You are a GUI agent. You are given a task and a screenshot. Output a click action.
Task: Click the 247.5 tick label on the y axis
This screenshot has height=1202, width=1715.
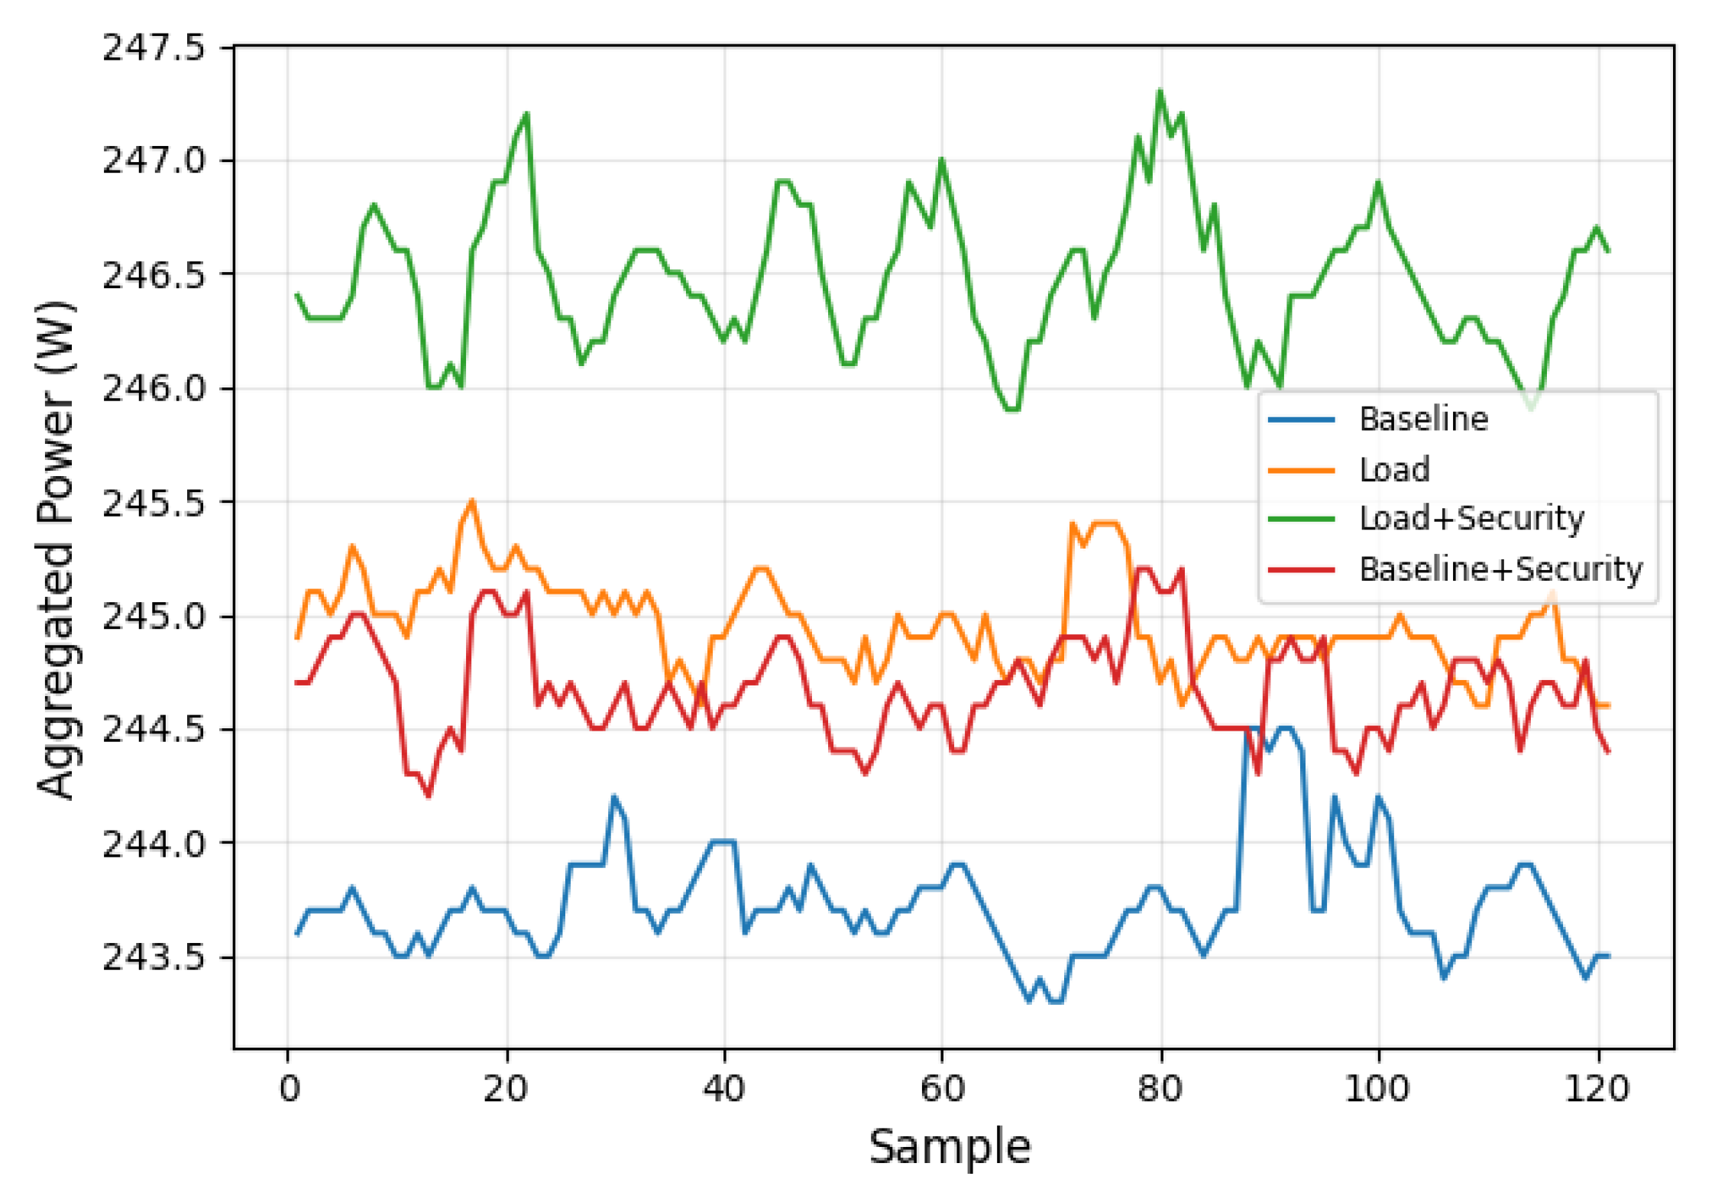pos(154,47)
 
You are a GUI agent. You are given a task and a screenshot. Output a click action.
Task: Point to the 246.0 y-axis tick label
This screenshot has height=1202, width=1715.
pos(154,388)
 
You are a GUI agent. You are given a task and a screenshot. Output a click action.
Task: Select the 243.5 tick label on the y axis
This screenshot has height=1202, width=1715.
pos(154,956)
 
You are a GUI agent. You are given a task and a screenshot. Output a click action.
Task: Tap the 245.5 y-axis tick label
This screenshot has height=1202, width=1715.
pos(154,502)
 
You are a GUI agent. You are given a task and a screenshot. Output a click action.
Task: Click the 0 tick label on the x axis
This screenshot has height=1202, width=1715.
pos(289,1087)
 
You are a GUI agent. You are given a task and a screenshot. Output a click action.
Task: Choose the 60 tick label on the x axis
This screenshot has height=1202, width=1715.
pos(942,1087)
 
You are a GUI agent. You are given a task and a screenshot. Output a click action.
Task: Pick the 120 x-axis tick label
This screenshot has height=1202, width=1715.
pos(1597,1087)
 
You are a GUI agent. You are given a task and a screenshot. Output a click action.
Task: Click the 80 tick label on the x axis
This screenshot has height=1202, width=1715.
pos(1160,1087)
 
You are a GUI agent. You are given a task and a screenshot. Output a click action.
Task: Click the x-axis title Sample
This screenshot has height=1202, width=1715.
pos(950,1146)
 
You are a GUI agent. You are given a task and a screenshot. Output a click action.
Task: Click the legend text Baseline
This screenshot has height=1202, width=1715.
pos(1423,419)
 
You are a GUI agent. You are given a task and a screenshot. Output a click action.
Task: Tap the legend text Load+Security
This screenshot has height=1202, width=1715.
pos(1471,518)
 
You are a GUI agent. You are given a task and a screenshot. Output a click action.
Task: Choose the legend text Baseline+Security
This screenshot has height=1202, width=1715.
pos(1500,569)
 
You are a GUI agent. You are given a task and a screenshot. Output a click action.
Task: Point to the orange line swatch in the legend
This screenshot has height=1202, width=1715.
pos(1301,470)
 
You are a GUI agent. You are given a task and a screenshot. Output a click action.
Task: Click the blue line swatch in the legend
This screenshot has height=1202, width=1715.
pos(1301,420)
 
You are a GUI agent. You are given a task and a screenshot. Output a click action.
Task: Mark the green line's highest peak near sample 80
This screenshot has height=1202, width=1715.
pos(1160,91)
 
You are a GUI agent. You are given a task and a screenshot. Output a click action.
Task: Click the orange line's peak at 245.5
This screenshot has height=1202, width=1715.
pos(472,501)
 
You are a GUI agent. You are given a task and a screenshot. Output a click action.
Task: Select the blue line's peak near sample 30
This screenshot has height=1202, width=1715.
pos(613,797)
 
